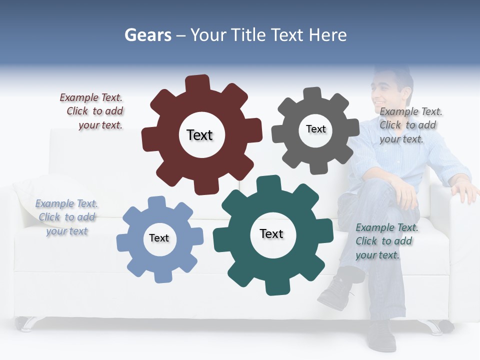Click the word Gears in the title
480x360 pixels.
tap(147, 35)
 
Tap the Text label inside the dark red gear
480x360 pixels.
tap(199, 135)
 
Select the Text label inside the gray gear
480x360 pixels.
tap(315, 129)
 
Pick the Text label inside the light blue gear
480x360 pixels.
tap(159, 238)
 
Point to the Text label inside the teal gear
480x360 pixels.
tap(271, 233)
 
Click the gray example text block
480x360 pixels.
tap(410, 125)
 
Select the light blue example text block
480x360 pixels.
tap(67, 217)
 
